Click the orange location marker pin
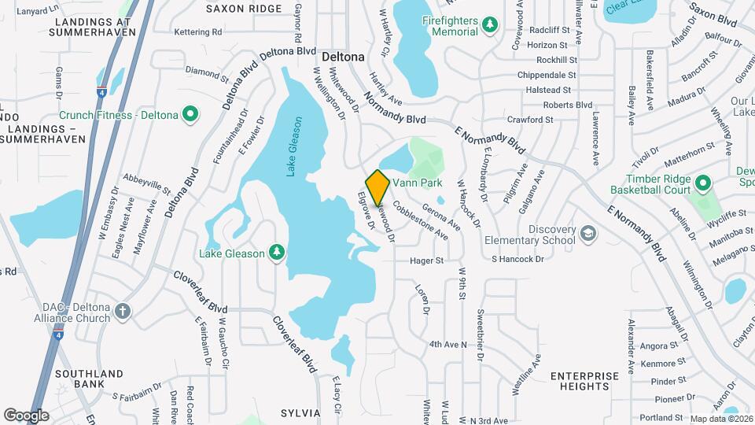377,187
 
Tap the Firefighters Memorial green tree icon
490,25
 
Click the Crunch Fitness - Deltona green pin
190,115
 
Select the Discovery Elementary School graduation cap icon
587,234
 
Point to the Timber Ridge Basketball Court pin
703,184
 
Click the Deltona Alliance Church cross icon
122,311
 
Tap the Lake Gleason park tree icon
276,253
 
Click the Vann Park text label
418,183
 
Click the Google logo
26,416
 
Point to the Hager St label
426,261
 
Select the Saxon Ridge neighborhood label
244,9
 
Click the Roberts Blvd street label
567,105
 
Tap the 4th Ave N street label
447,345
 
